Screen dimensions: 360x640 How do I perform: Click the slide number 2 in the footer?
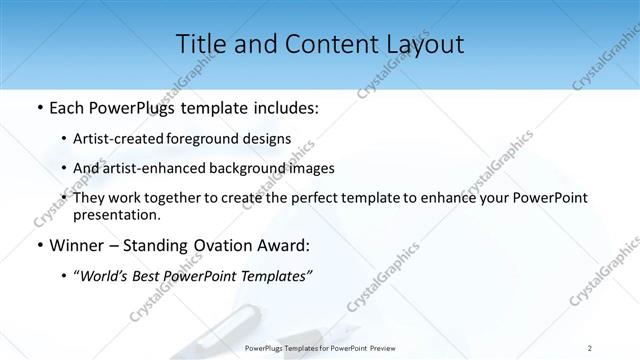(590, 347)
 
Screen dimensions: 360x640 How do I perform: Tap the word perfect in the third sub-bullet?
(314, 198)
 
